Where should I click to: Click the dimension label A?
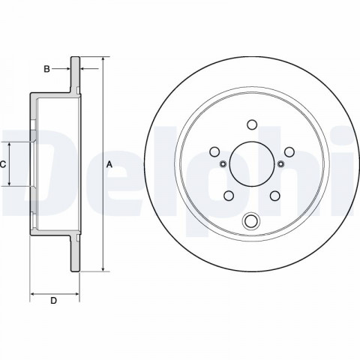click(109, 164)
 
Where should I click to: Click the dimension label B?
click(46, 69)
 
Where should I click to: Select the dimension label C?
click(2, 164)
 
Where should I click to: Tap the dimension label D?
click(54, 301)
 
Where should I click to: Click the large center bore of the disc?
click(252, 164)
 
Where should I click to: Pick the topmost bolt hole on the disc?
click(252, 124)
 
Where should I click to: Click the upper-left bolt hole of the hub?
click(214, 151)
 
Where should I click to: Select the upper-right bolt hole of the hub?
click(289, 151)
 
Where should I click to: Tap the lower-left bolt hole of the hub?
click(229, 196)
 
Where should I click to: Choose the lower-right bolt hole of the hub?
click(275, 196)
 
